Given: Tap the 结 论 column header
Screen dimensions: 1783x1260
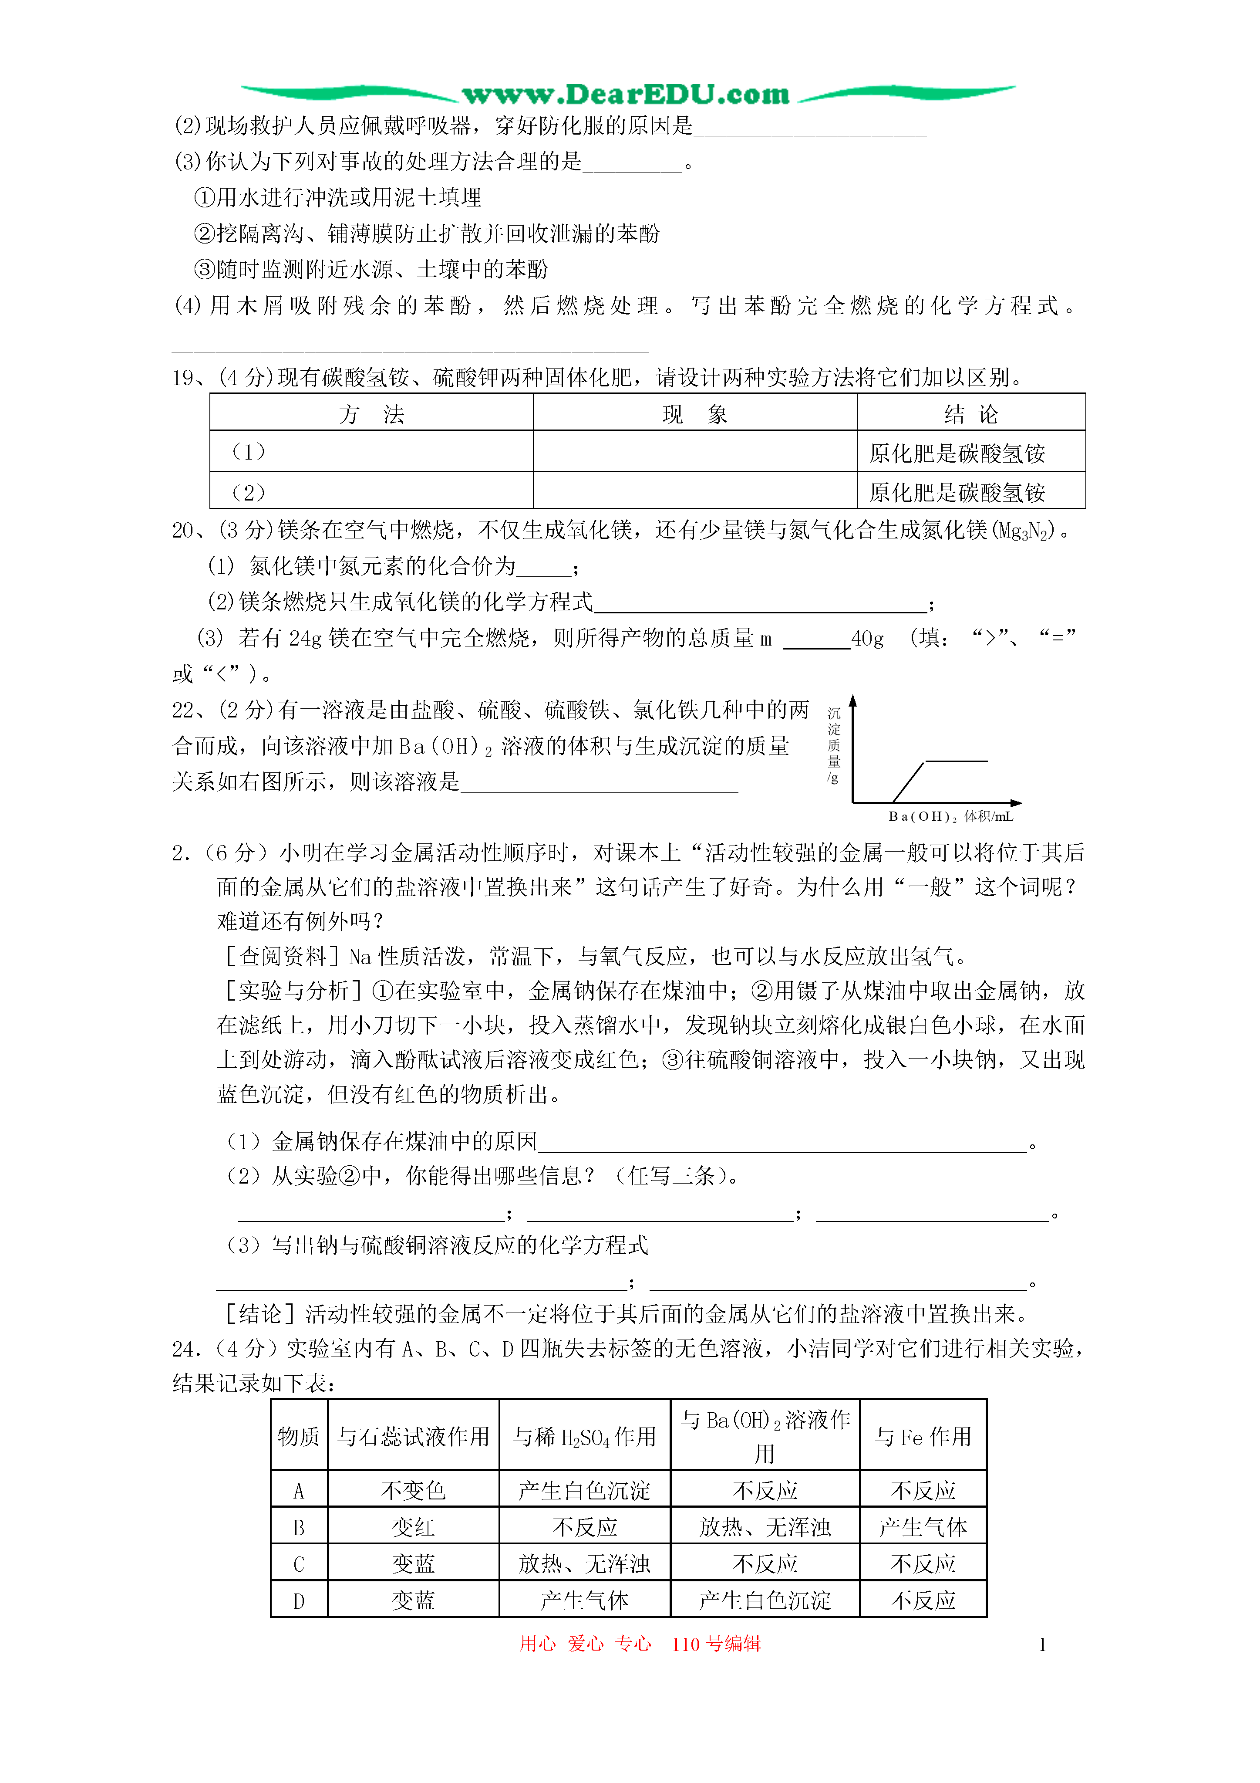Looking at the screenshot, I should [x=970, y=414].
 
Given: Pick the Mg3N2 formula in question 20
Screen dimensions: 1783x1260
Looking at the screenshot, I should [x=1025, y=531].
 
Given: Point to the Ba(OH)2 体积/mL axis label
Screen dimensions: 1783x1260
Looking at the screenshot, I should [x=950, y=816].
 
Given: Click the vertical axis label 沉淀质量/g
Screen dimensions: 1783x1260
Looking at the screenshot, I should [x=834, y=745].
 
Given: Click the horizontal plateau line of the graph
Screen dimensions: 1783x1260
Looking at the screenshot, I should [x=957, y=761].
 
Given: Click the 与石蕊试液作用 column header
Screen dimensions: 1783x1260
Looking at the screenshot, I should [x=413, y=1437].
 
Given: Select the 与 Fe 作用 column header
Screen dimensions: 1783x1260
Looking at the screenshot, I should [x=923, y=1437].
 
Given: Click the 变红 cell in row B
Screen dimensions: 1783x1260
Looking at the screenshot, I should [x=413, y=1528].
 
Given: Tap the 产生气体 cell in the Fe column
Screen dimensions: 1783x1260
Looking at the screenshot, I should [x=923, y=1528].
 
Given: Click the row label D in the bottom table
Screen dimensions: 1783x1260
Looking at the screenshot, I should [x=299, y=1600].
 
